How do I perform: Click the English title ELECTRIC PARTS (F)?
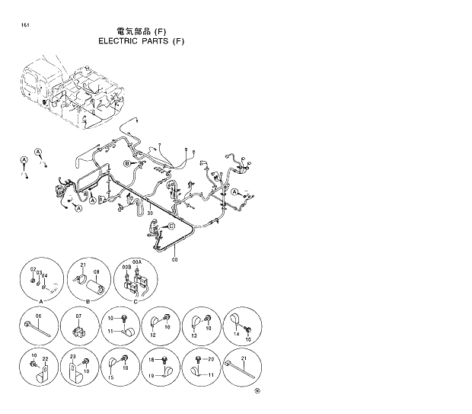pos(141,41)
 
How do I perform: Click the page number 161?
pos(27,26)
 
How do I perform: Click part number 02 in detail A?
pos(33,270)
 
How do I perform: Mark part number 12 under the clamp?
pos(153,335)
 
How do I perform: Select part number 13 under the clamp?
pos(193,335)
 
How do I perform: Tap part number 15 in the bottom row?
pos(111,378)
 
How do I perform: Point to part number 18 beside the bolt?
pos(151,359)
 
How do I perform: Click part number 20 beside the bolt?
pos(211,359)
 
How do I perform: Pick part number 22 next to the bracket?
pos(46,359)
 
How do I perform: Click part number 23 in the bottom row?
pos(72,357)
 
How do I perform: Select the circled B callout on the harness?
pos(127,164)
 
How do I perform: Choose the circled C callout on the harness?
pos(171,226)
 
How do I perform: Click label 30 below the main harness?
pos(150,213)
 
